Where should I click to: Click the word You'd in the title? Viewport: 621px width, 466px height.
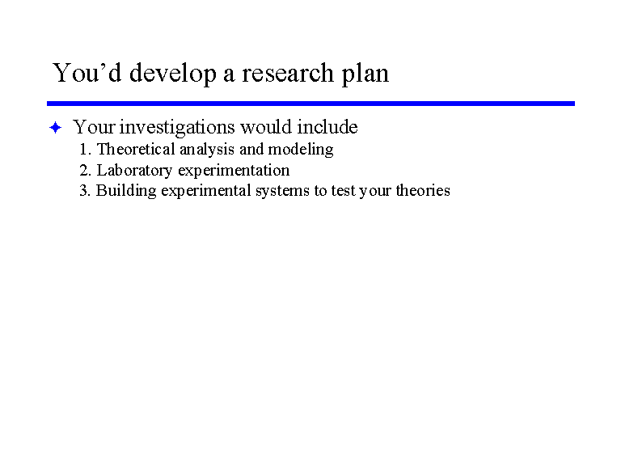point(87,73)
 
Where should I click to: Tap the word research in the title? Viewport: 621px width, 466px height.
point(288,73)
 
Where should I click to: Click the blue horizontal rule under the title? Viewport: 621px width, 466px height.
point(310,104)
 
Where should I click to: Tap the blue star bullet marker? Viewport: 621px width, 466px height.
point(56,128)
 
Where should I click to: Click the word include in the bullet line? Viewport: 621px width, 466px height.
point(327,127)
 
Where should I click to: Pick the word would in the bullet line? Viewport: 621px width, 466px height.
point(266,127)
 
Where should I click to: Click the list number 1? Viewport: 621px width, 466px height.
point(85,150)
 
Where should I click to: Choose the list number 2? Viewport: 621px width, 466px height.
point(85,171)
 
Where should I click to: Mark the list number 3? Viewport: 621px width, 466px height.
point(85,191)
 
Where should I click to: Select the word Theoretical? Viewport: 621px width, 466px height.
point(136,150)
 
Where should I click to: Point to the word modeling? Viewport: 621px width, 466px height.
point(301,150)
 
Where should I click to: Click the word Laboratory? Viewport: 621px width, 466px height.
point(135,172)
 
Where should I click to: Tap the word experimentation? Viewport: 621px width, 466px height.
point(234,172)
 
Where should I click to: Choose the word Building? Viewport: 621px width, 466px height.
point(126,192)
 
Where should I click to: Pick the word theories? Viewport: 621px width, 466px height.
point(423,190)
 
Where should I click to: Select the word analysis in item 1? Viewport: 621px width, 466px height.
point(207,150)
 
